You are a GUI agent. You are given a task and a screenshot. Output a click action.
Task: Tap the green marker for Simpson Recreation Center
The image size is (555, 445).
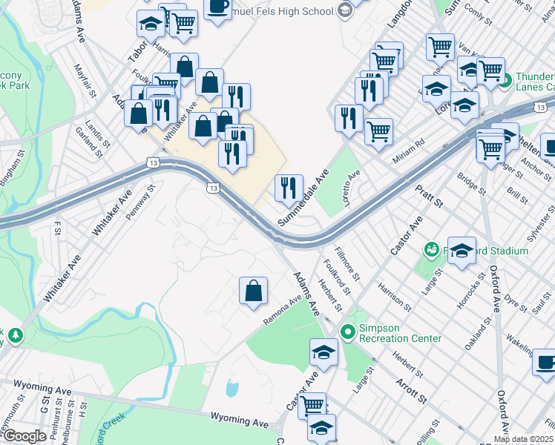(x=346, y=331)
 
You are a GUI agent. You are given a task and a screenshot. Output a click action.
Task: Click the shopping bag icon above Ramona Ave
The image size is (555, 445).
(x=253, y=291)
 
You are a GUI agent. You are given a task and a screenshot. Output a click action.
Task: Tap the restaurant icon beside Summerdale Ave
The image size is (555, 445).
(x=289, y=188)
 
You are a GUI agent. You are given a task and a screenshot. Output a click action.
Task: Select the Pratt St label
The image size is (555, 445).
(x=428, y=197)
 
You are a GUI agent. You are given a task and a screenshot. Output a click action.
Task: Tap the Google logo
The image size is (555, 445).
(x=24, y=436)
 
